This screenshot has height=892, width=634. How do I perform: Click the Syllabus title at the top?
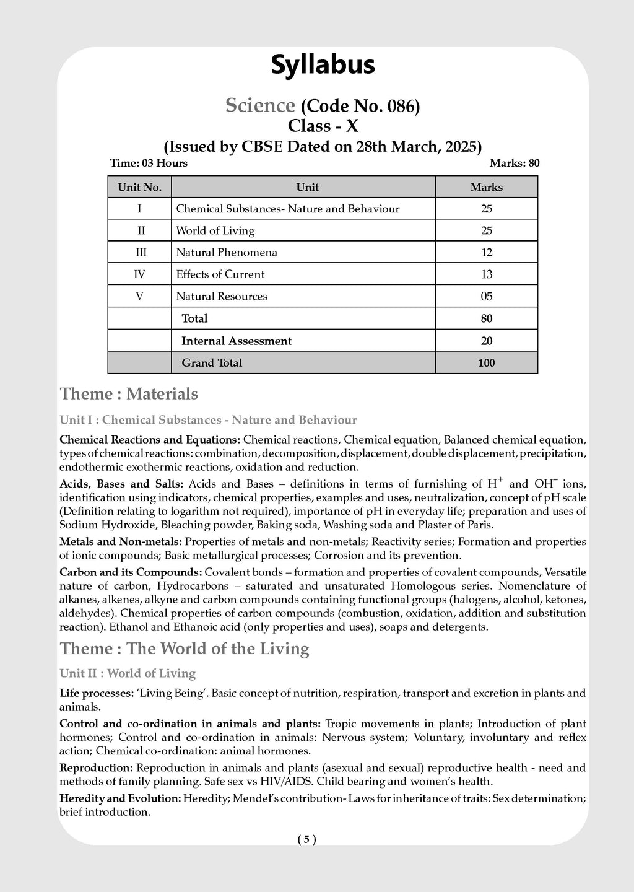pos(323,65)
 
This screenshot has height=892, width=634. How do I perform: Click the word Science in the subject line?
pos(259,106)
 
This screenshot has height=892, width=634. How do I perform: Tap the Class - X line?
pos(323,126)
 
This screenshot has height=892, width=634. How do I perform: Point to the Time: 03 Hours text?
pos(149,164)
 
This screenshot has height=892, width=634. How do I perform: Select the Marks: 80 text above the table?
pos(514,164)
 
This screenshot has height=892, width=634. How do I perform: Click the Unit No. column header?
pos(139,187)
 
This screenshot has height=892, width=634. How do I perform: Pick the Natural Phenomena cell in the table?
pos(227,253)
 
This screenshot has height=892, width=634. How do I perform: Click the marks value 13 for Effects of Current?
pos(486,274)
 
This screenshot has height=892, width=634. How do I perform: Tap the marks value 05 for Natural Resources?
pos(486,297)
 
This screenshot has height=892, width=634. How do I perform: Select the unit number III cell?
pos(140,253)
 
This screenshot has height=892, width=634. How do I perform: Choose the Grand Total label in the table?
pos(212,363)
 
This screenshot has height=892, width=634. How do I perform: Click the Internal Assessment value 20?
pos(486,341)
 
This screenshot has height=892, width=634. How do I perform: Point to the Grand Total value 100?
pos(486,363)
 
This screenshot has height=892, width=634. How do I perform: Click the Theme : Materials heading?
pos(129,394)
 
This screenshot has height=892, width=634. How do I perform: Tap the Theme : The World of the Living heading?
pos(184,649)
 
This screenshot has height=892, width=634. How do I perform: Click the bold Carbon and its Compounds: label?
pos(131,572)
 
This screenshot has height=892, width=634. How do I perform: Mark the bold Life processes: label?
pos(97,693)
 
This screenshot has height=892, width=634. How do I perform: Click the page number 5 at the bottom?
pos(306,840)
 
